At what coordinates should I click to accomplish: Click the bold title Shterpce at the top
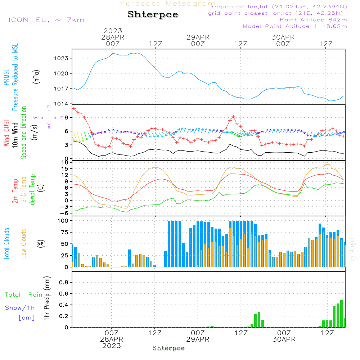coord(153,14)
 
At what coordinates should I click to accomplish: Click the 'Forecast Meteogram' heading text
coord(168,4)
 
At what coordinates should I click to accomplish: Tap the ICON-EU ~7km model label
coord(46,20)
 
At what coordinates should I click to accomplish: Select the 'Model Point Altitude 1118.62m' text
coord(295,26)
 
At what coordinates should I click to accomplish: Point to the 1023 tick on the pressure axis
coord(62,58)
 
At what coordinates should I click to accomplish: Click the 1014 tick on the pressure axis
coord(62,104)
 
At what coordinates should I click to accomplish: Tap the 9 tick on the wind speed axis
coord(66,117)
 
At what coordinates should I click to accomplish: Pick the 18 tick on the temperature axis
coord(65,162)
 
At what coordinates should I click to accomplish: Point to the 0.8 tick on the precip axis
coord(63,283)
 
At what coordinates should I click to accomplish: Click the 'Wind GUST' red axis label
coord(7,133)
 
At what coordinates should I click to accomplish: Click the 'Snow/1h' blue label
coord(20,308)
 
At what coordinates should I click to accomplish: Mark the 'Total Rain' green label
coord(23,295)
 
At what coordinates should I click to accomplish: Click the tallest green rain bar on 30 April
coord(341,313)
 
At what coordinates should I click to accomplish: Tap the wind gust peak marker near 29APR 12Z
coord(234,117)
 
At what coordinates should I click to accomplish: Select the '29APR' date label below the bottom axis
coord(198,339)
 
